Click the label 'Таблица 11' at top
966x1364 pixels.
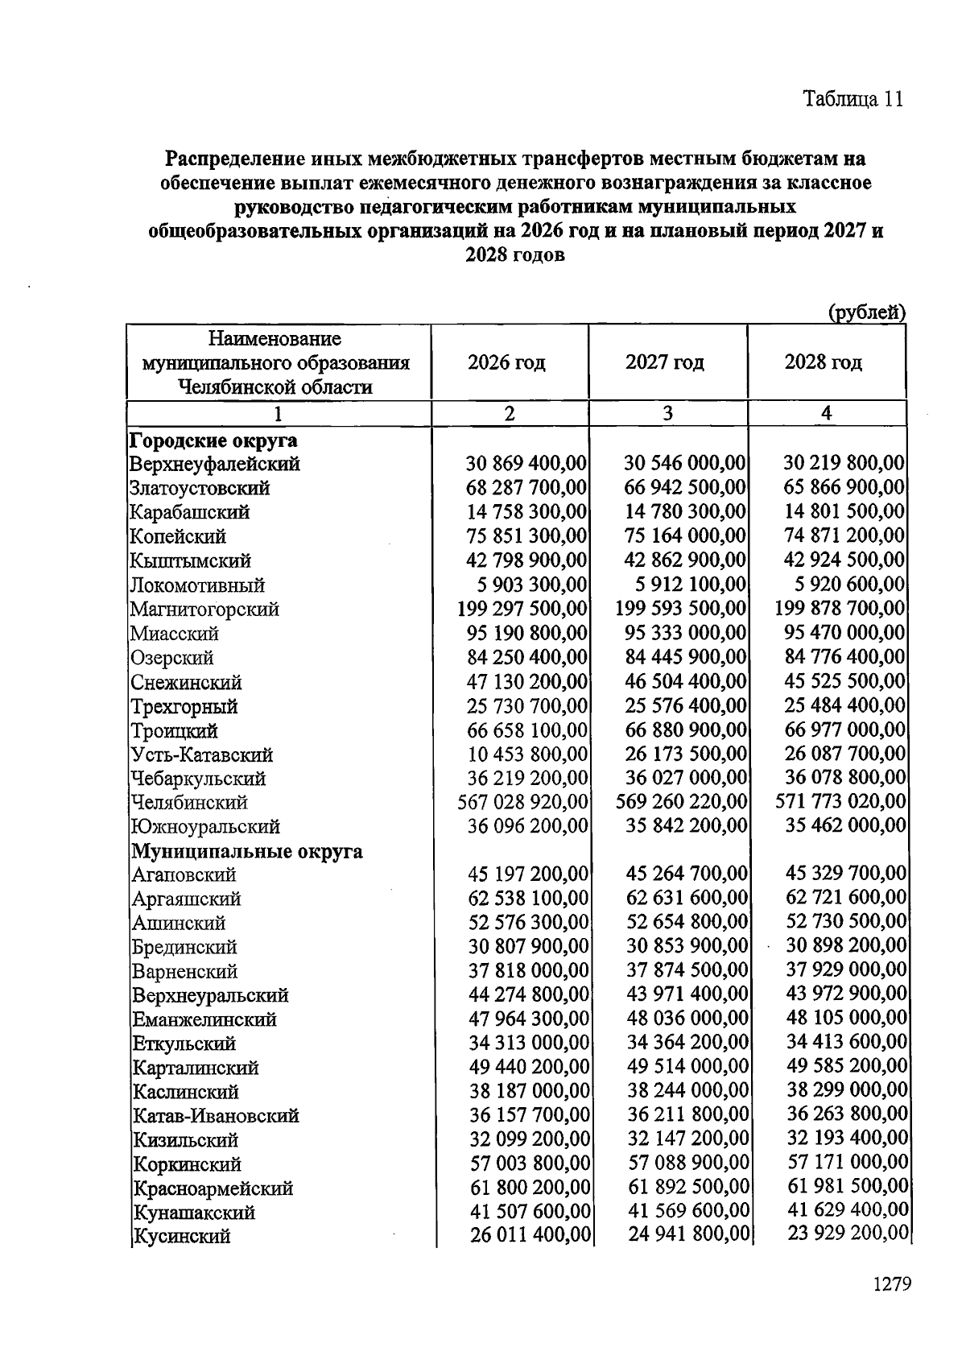852,99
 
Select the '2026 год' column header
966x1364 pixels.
506,362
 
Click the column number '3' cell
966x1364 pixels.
667,414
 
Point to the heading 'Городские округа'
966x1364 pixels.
213,440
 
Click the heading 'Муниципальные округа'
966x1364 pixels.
247,851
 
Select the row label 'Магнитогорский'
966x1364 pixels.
204,609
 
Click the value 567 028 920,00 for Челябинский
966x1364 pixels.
522,802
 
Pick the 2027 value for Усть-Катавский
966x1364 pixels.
686,754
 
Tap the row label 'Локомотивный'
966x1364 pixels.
197,585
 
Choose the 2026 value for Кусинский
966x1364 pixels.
530,1235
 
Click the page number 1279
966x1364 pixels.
891,1283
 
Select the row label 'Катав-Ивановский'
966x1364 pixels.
215,1116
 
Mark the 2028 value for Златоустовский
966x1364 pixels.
844,487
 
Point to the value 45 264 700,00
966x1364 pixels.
687,874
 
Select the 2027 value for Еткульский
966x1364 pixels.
687,1043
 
